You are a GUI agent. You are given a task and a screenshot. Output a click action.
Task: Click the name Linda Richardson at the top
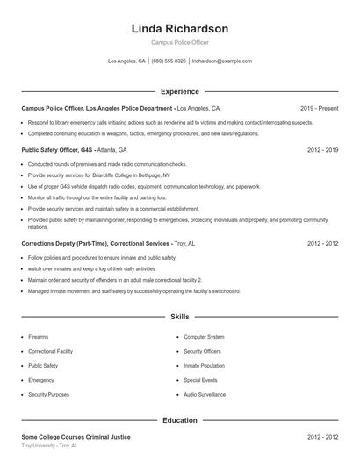[x=179, y=29]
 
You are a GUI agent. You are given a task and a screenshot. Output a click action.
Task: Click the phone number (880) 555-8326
[x=169, y=61]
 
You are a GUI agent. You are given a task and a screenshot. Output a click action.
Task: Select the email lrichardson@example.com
[x=221, y=61]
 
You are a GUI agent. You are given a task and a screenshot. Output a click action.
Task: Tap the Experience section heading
[x=179, y=91]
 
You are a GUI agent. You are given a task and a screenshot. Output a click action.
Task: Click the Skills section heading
[x=179, y=316]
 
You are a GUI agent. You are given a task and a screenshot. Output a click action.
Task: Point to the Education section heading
[x=179, y=420]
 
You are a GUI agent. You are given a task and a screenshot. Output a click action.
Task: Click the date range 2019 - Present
[x=319, y=108]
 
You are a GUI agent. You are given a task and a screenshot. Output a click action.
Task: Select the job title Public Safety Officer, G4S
[x=58, y=150]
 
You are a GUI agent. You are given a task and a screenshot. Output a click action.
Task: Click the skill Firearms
[x=39, y=337]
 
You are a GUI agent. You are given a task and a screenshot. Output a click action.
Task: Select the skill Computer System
[x=204, y=337]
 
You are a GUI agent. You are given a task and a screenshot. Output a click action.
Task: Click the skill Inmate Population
[x=204, y=366]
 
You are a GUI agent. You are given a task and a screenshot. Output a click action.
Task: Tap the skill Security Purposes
[x=48, y=395]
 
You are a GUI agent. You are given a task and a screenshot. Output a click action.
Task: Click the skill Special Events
[x=200, y=380]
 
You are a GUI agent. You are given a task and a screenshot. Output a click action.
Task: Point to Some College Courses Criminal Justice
[x=76, y=436]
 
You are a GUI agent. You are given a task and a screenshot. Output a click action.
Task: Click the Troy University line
[x=49, y=446]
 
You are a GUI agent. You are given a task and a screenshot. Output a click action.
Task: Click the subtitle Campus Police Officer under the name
[x=179, y=42]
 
